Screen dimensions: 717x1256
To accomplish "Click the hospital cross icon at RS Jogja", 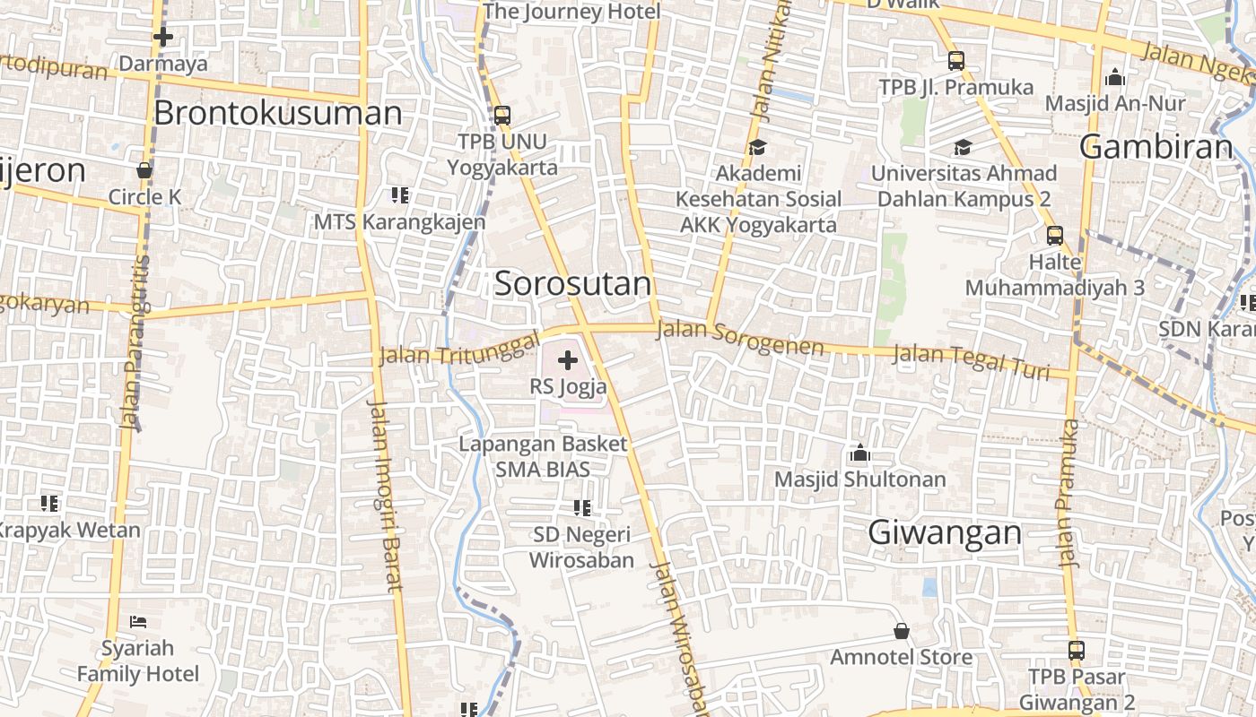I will (567, 361).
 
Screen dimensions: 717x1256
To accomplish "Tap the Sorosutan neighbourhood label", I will (572, 284).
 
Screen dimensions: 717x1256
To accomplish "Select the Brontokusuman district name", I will (278, 113).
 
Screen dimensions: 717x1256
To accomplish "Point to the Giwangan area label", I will (945, 532).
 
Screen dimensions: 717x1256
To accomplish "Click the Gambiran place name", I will (1156, 146).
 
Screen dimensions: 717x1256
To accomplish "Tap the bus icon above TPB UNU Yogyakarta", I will (502, 115).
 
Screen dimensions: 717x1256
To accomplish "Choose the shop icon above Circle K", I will (144, 170).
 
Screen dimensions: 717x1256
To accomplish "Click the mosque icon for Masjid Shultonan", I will (860, 454).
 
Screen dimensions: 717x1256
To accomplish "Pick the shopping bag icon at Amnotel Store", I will (902, 632).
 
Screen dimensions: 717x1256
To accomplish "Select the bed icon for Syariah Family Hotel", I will (137, 621).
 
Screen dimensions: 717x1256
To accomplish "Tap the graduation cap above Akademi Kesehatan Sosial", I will (757, 147).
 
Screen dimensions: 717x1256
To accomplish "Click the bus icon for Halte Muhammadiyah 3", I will (1055, 236).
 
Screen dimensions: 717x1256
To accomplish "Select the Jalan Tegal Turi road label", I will (971, 361).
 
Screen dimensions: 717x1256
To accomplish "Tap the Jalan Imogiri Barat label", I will (385, 496).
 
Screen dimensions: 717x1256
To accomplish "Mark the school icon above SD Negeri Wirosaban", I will (582, 508).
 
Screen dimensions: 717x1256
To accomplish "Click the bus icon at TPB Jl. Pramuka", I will (956, 61).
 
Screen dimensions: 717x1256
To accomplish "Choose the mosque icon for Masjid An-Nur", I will (1115, 77).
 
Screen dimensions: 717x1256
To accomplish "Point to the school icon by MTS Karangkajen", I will (400, 194).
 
